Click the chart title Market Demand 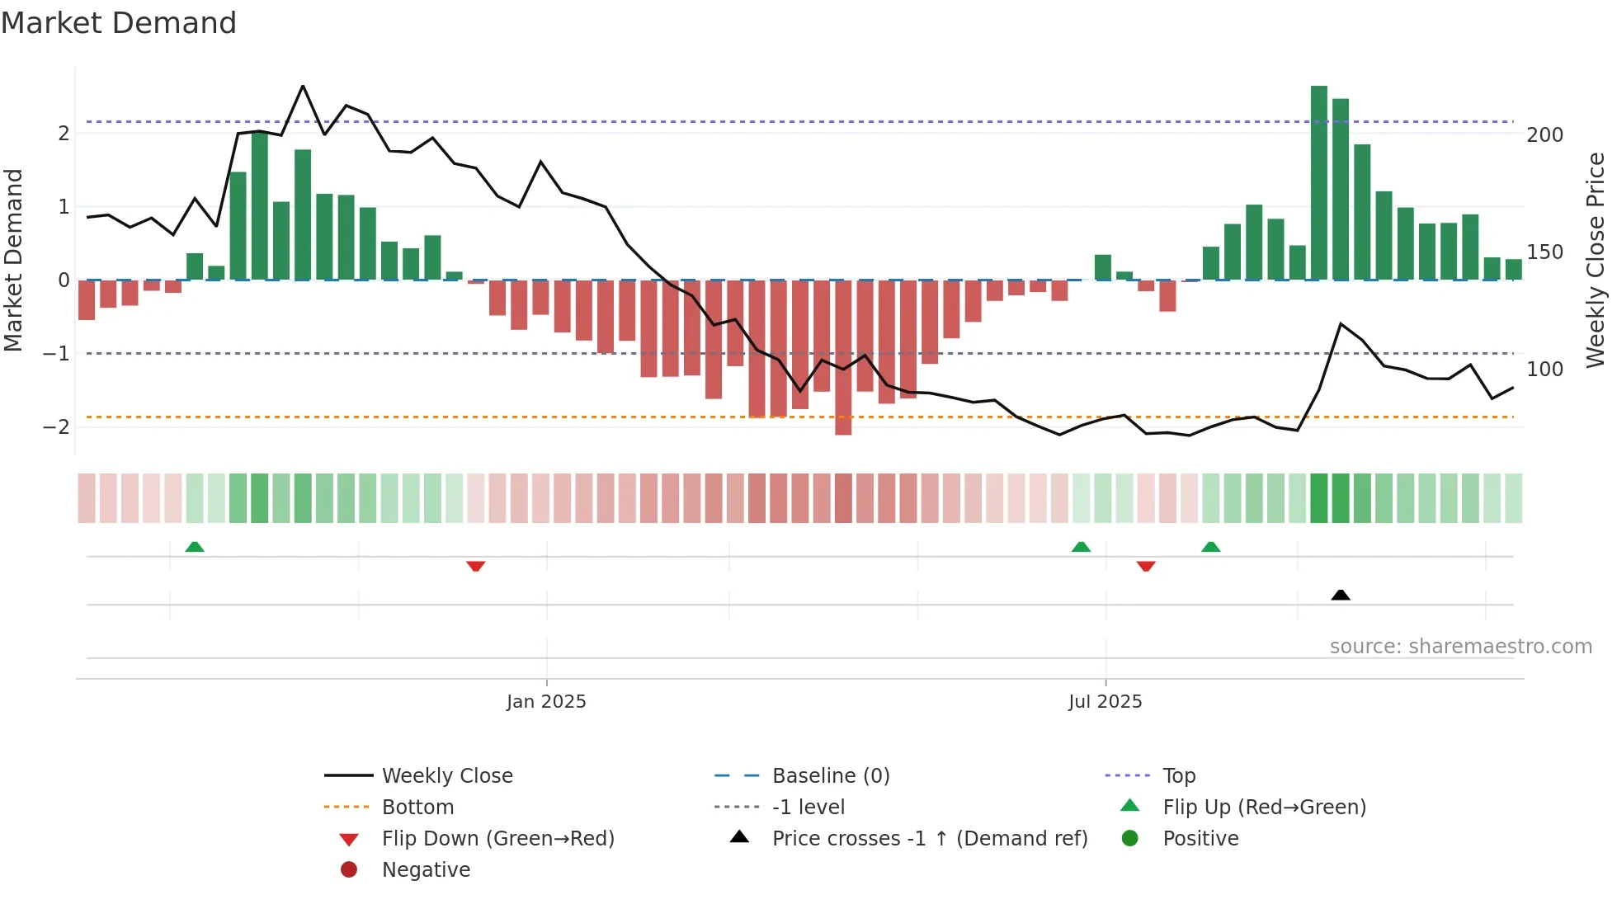119,23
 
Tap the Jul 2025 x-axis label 1105,702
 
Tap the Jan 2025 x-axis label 546,702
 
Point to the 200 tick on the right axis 1544,135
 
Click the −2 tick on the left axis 56,427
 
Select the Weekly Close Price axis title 1596,260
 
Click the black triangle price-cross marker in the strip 1341,595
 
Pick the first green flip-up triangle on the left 195,547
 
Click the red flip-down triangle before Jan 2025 475,566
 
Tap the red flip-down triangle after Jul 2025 1146,566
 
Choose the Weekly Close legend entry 447,776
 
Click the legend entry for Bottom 417,808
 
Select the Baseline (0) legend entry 830,776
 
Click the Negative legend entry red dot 349,870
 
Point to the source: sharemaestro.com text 1460,647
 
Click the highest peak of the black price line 303,87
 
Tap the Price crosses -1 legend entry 929,839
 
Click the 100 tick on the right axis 1544,370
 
